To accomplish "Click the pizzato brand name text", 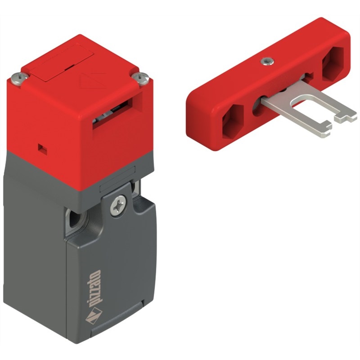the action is [94, 289].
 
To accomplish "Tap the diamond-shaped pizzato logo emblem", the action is [94, 316].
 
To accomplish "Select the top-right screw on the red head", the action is [141, 77].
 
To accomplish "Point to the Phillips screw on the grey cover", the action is [118, 206].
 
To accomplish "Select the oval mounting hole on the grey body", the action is [77, 219].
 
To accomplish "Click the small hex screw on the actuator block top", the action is [267, 62].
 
